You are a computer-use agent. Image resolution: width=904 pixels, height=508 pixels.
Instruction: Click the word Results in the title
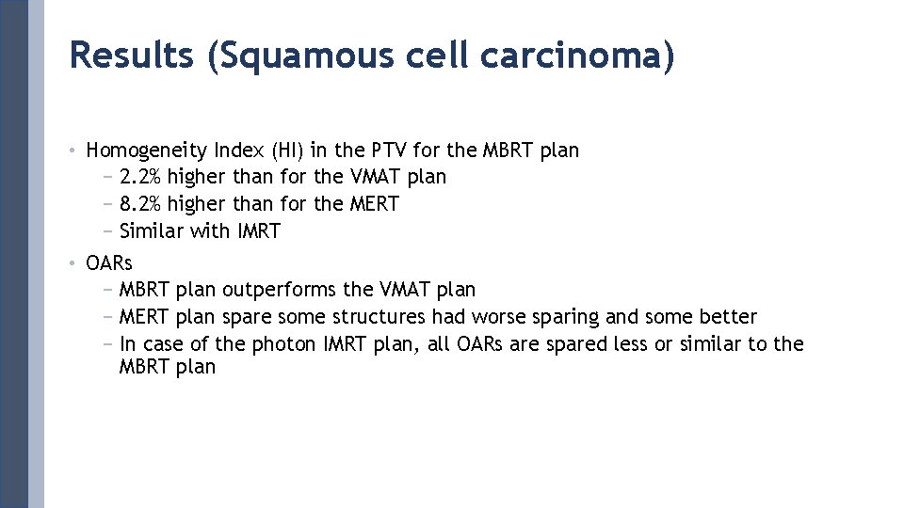point(133,56)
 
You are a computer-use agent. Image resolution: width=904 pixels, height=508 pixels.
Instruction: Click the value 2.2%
point(141,177)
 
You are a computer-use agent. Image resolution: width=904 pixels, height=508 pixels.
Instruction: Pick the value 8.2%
point(141,204)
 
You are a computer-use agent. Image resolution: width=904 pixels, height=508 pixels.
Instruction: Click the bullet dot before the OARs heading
point(73,263)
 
